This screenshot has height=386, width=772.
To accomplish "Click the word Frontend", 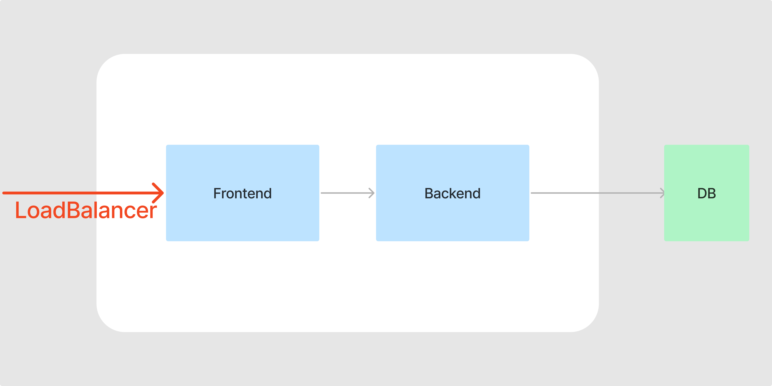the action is pyautogui.click(x=242, y=193).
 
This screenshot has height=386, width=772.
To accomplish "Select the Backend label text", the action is pyautogui.click(x=453, y=193).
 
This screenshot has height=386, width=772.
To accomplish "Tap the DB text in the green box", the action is pyautogui.click(x=707, y=193).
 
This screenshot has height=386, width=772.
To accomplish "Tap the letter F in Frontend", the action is pyautogui.click(x=218, y=193).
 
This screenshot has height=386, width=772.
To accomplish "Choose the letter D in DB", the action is pyautogui.click(x=702, y=193).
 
